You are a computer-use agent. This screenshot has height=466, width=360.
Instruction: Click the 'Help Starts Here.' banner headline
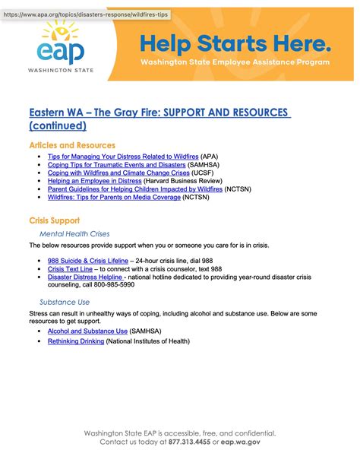pyautogui.click(x=235, y=43)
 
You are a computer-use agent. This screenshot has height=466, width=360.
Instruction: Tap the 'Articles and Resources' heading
pyautogui.click(x=72, y=145)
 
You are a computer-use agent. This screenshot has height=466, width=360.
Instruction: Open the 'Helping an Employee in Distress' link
pyautogui.click(x=86, y=181)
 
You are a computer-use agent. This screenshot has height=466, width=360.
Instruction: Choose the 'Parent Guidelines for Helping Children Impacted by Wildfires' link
pyautogui.click(x=135, y=189)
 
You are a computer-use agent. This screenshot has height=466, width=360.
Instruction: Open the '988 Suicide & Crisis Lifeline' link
pyautogui.click(x=87, y=261)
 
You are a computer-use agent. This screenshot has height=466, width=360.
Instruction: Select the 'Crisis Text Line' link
pyautogui.click(x=70, y=269)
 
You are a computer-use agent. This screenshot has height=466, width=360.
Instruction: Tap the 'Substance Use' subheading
pyautogui.click(x=65, y=302)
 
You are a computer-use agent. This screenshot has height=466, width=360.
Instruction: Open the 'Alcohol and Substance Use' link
pyautogui.click(x=87, y=331)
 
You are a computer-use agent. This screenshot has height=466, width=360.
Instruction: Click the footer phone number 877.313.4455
pyautogui.click(x=191, y=442)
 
